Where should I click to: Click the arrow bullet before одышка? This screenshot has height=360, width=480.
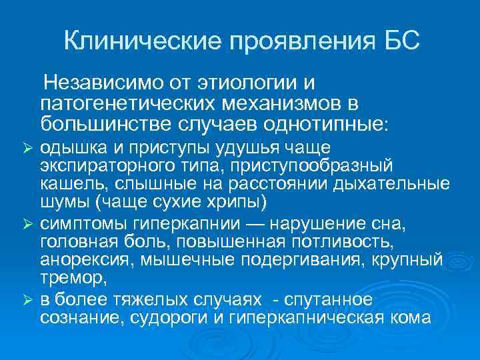point(27,147)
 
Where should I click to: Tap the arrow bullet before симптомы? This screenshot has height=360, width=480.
point(27,221)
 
